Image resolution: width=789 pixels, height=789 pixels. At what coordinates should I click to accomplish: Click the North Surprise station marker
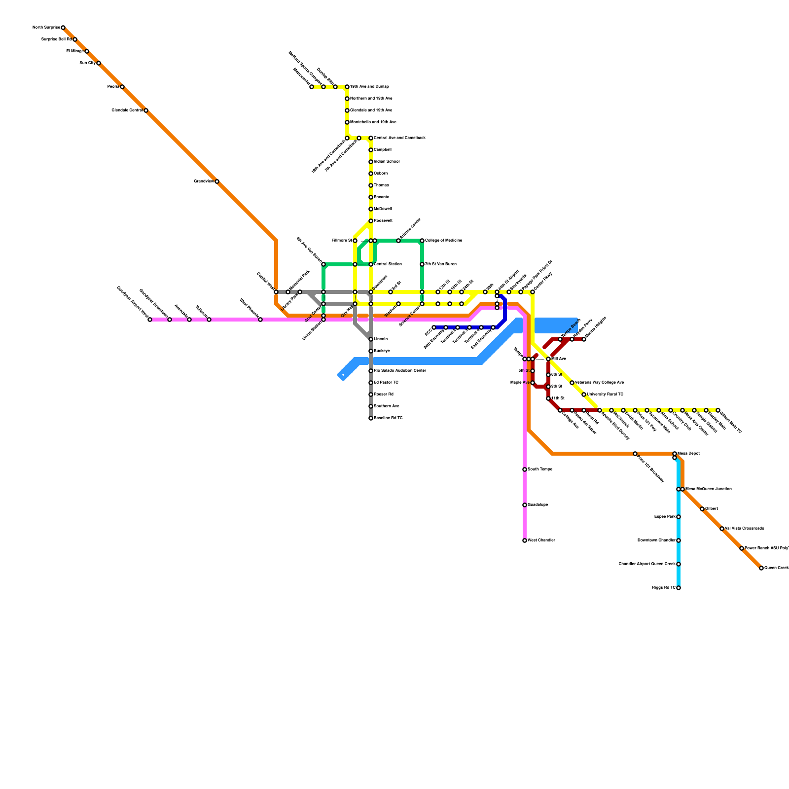63,28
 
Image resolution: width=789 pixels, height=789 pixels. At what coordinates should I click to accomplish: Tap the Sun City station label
87,63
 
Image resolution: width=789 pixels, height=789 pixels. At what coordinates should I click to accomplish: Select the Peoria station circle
122,87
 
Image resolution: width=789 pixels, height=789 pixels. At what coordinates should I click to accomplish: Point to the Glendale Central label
127,110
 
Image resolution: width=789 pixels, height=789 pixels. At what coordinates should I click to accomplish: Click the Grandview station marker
217,181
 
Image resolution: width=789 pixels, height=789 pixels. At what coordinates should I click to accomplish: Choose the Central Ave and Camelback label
399,138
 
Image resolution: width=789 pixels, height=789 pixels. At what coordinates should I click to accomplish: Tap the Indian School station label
387,162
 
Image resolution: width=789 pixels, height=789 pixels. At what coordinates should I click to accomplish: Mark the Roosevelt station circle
371,221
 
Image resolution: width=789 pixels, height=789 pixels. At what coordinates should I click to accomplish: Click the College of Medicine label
444,241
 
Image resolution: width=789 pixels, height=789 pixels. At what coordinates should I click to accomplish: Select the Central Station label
388,264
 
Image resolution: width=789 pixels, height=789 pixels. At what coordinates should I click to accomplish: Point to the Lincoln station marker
371,339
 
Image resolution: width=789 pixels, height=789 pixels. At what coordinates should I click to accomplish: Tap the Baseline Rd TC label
388,418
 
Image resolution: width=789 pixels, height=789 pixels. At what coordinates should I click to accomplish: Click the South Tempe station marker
525,469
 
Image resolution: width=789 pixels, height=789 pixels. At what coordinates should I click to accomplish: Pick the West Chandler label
541,540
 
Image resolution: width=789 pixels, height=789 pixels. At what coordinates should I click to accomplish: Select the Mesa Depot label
688,454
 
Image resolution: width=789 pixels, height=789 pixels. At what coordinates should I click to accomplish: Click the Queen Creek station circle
761,568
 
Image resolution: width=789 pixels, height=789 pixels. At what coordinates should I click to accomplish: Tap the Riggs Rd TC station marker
679,588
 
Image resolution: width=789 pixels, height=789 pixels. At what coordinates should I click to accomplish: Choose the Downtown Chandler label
656,540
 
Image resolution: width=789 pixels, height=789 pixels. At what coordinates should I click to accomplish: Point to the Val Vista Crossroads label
745,529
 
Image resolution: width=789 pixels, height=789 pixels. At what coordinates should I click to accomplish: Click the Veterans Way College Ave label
600,383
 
